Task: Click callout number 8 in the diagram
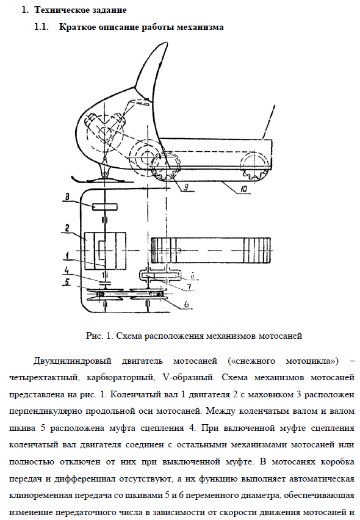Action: click(67, 197)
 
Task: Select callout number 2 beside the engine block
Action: click(67, 228)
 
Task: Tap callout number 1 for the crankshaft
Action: click(67, 255)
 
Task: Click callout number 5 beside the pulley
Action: click(67, 282)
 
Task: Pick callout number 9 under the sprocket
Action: click(185, 187)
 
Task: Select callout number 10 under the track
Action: click(243, 189)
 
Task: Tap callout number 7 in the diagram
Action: click(189, 286)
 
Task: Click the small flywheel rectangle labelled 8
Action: click(105, 207)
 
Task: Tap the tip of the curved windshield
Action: click(165, 43)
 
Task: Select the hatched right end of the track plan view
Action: click(259, 250)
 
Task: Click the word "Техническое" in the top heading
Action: click(57, 10)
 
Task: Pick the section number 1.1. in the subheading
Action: click(41, 27)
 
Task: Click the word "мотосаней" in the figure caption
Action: click(280, 336)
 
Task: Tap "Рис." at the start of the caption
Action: click(95, 336)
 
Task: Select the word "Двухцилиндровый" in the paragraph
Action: click(72, 361)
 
